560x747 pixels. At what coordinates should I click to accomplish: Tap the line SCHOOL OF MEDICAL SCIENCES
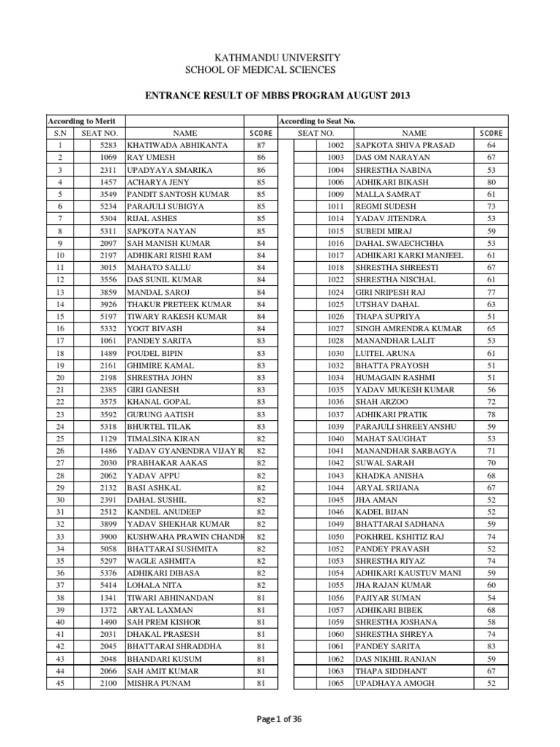click(261, 70)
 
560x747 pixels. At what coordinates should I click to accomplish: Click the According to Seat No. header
click(317, 120)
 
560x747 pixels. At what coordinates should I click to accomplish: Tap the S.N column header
click(60, 133)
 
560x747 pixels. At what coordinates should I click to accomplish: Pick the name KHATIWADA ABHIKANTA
click(177, 145)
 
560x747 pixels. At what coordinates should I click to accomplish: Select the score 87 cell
click(260, 145)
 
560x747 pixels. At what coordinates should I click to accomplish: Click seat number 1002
click(335, 145)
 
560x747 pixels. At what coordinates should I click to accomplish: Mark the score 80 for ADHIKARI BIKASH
click(491, 182)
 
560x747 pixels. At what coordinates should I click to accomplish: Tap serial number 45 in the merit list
click(60, 683)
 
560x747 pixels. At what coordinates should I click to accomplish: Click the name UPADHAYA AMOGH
click(394, 683)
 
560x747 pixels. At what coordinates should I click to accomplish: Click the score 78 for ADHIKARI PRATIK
click(491, 414)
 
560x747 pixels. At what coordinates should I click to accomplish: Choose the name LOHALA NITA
click(155, 585)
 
